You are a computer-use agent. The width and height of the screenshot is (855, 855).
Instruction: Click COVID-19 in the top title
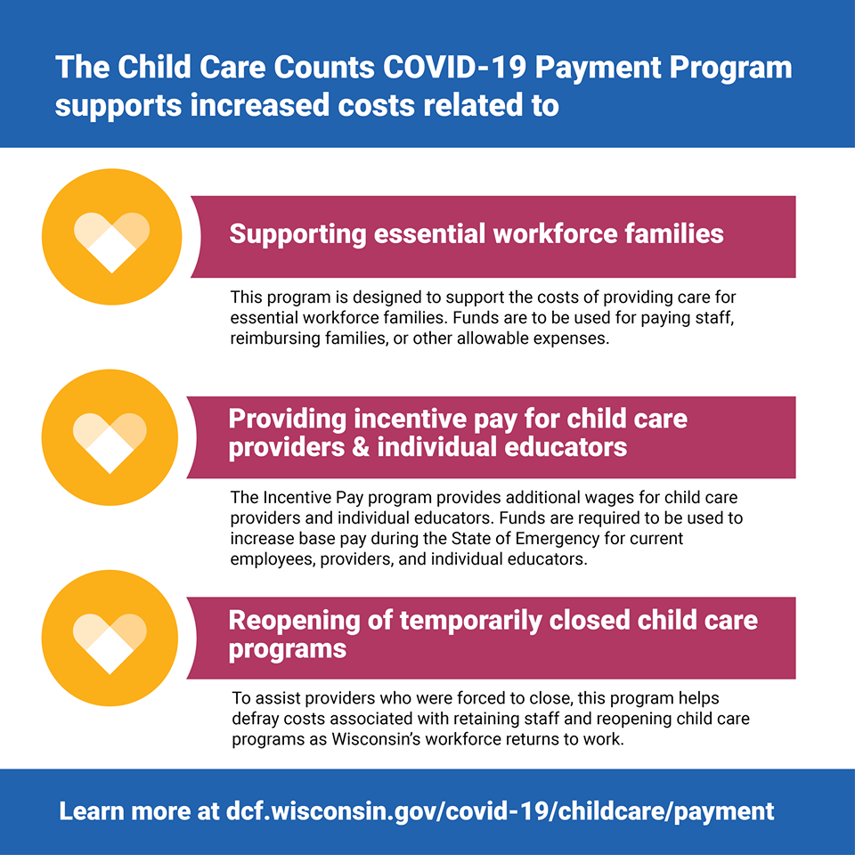(454, 67)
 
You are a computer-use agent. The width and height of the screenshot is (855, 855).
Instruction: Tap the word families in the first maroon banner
(674, 233)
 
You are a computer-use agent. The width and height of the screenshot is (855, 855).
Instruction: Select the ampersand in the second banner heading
(361, 447)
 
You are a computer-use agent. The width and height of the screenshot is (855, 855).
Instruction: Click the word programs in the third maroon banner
(288, 650)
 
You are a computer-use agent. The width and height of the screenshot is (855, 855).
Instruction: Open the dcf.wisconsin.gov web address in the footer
(500, 812)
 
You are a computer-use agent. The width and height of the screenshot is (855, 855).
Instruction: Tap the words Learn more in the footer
(125, 810)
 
